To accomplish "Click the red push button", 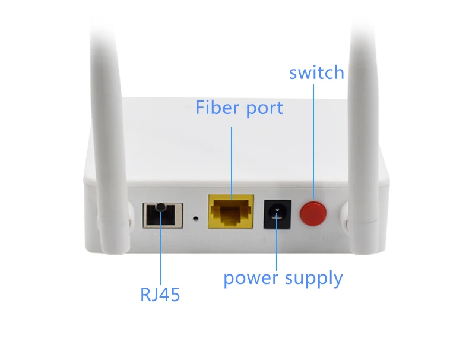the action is pos(313,214).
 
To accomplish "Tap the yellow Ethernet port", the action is pos(231,211).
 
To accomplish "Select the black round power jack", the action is pos(277,214).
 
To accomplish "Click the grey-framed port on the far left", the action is pos(163,215).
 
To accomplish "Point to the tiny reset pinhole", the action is pos(196,218).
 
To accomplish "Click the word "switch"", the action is pos(317,72).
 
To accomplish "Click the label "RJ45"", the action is pos(160,295).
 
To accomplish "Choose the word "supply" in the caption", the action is pos(314,279).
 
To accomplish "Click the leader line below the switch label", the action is pos(313,141).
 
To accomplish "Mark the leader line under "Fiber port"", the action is pos(232,163).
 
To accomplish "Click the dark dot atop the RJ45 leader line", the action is pos(161,207).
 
